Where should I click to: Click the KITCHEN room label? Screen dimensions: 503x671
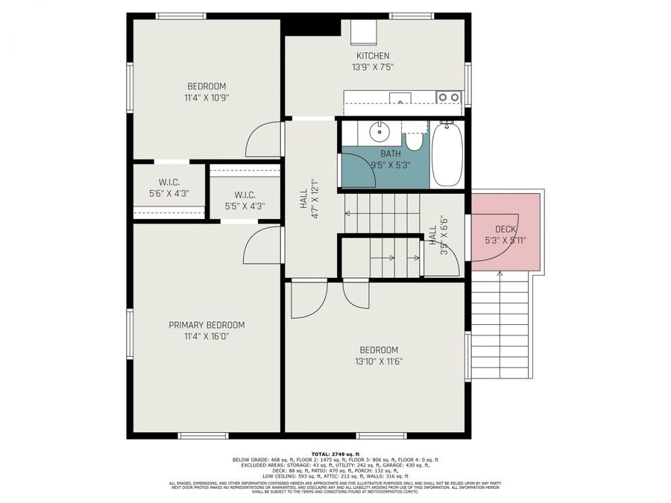[x=372, y=56]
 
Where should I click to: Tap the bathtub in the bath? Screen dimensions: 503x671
[x=447, y=154]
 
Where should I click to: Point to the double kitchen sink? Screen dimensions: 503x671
[x=448, y=97]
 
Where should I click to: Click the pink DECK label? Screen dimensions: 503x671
[x=506, y=230]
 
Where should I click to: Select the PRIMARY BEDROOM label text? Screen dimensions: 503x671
[x=207, y=325]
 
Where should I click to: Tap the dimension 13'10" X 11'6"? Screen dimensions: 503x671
[x=379, y=361]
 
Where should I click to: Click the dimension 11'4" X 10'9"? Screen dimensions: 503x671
[x=207, y=97]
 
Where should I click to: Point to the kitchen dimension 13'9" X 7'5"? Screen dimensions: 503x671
[x=372, y=67]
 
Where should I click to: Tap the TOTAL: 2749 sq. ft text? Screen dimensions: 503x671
[x=335, y=454]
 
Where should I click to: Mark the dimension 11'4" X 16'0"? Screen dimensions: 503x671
[x=207, y=336]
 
